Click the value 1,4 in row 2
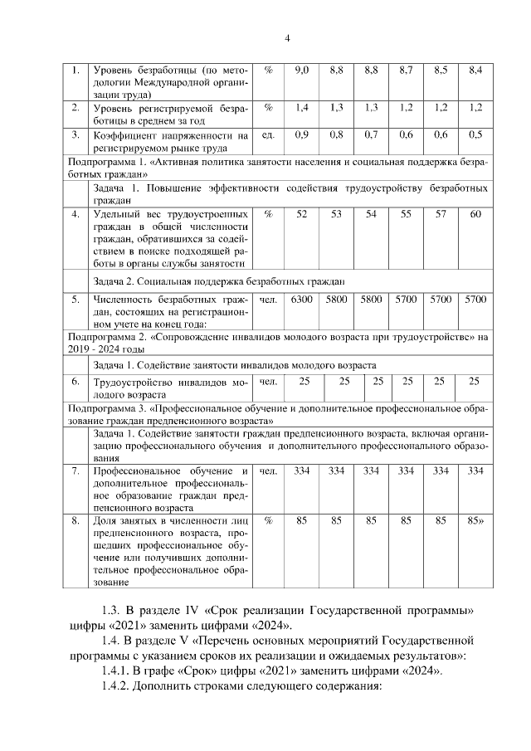[302, 108]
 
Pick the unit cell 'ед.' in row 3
[267, 134]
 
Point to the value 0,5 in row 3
[475, 134]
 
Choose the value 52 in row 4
[302, 214]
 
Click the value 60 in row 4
[475, 214]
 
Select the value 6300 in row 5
[302, 299]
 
